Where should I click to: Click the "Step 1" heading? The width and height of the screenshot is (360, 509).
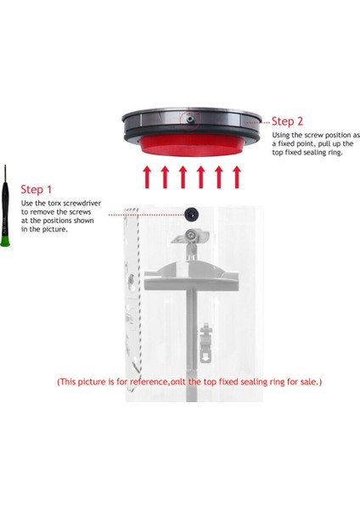click(36, 189)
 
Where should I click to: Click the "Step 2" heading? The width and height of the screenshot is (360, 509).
click(287, 121)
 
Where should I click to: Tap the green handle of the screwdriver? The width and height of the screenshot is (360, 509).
click(5, 242)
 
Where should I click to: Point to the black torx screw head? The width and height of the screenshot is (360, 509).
click(191, 215)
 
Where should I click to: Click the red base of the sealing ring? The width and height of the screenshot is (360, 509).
click(192, 146)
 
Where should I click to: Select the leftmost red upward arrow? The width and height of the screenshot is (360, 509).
click(147, 177)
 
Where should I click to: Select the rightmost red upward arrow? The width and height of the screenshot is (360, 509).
click(237, 177)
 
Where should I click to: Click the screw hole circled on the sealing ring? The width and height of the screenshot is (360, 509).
click(190, 119)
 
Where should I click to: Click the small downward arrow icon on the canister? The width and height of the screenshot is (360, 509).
click(205, 357)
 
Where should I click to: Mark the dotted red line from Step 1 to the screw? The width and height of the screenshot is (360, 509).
click(146, 215)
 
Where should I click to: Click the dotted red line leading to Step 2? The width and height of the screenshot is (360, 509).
click(258, 123)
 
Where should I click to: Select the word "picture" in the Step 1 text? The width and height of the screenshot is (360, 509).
click(53, 229)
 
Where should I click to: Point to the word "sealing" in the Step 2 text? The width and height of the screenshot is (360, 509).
click(314, 153)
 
